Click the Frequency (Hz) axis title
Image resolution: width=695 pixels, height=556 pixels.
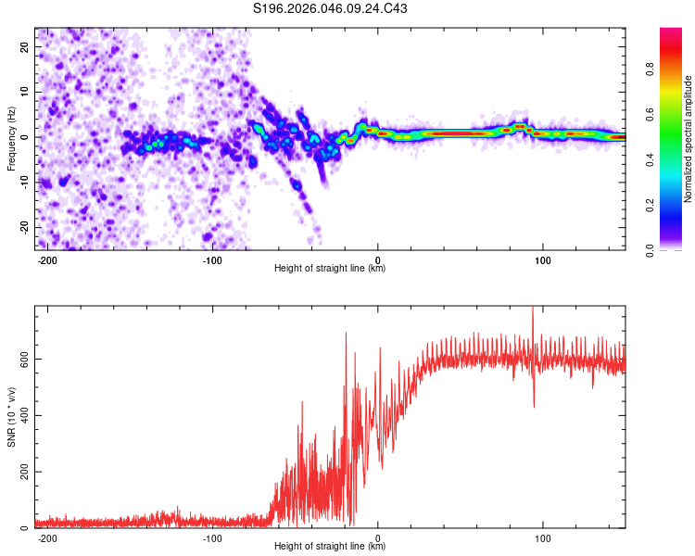(12, 139)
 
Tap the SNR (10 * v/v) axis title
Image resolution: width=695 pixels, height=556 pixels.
(12, 417)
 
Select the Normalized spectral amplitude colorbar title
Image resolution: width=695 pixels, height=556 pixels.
(689, 139)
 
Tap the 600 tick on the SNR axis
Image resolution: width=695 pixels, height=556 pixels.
(22, 359)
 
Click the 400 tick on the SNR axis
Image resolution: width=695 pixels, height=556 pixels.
(22, 415)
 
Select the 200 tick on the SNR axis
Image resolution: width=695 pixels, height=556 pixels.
(22, 472)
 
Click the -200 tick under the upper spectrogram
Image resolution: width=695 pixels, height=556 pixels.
(48, 259)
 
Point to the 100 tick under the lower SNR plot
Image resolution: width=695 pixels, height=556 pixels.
(543, 537)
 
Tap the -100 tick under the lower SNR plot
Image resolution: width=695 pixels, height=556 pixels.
(212, 537)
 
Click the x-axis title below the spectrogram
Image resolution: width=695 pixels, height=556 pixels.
(330, 269)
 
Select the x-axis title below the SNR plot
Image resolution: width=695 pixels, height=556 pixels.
(330, 547)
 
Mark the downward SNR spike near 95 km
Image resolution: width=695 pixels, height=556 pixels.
(534, 404)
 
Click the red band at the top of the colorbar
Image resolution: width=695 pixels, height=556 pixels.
(671, 35)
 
